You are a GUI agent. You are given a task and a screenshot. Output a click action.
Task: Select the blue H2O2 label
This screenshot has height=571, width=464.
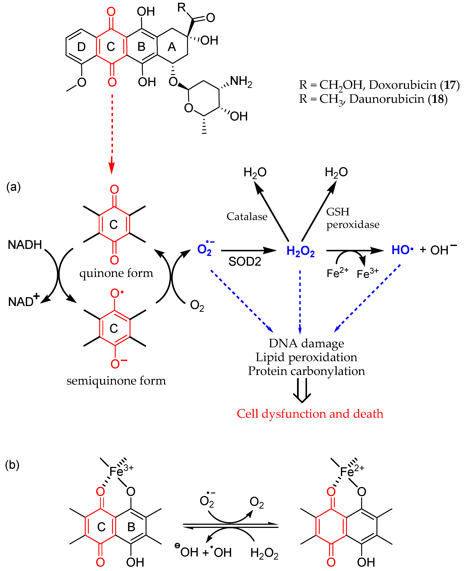[300, 251]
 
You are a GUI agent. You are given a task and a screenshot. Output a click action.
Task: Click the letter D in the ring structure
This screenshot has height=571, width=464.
[81, 47]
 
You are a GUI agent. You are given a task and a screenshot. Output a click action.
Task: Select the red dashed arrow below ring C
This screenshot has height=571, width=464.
[112, 134]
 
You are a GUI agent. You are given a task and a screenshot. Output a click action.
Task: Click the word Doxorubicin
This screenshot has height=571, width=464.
[402, 85]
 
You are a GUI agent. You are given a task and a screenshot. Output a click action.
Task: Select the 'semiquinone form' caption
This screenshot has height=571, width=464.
[116, 380]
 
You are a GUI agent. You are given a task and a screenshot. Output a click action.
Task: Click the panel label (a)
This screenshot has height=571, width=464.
[13, 187]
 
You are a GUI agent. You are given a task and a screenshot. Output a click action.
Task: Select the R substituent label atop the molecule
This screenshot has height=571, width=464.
[182, 8]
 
